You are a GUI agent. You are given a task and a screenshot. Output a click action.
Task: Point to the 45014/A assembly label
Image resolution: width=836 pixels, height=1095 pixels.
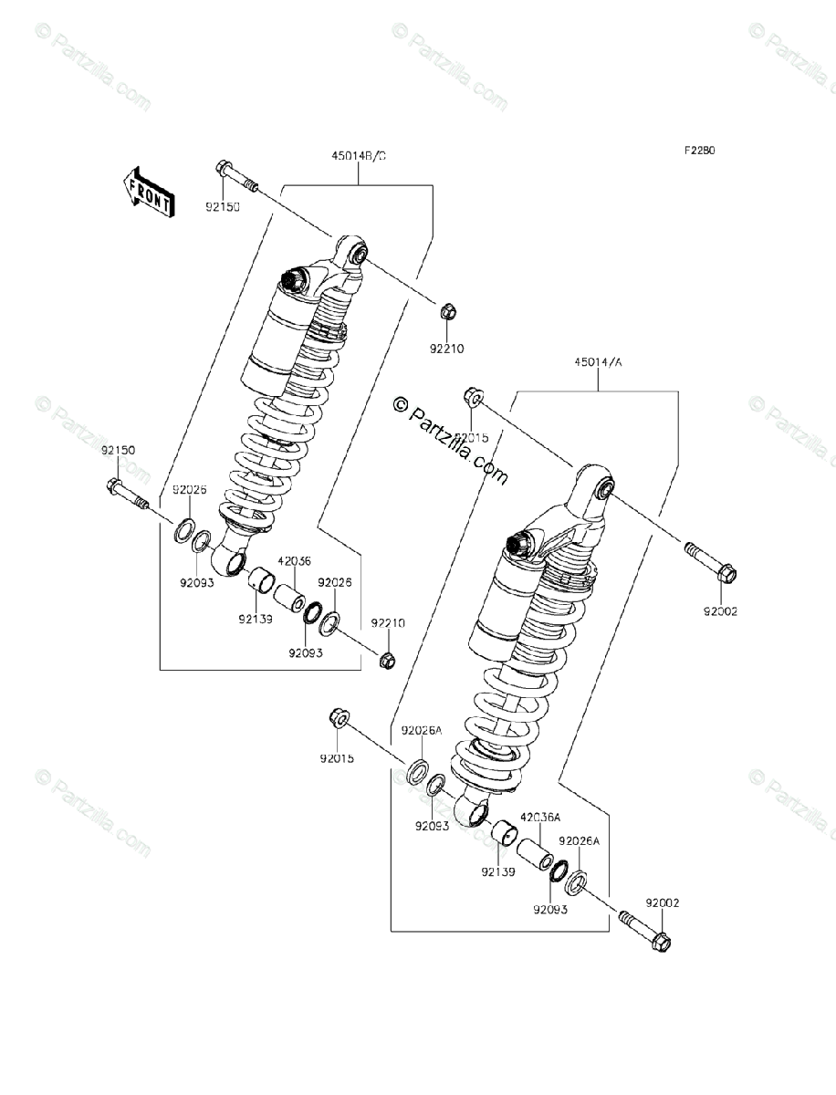coord(599,362)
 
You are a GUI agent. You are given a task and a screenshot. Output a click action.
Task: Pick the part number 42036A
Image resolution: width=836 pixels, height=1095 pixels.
coord(541,819)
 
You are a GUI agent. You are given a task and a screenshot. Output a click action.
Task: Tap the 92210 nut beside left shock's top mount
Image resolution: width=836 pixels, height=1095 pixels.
coord(448,312)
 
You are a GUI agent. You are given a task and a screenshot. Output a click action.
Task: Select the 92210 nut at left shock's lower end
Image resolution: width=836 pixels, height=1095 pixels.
coord(385,659)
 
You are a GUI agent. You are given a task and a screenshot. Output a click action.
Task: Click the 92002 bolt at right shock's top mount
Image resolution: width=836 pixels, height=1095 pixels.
coord(714,567)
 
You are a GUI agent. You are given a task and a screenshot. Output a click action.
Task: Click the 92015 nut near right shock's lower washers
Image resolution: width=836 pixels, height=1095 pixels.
coord(337,719)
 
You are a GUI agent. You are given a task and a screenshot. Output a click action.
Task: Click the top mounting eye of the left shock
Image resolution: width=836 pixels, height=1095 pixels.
coord(354,253)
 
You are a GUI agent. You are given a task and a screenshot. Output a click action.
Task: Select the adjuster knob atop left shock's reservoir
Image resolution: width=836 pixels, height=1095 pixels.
coord(294,279)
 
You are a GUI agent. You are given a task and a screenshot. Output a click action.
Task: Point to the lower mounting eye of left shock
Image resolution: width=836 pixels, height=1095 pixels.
coord(232,560)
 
